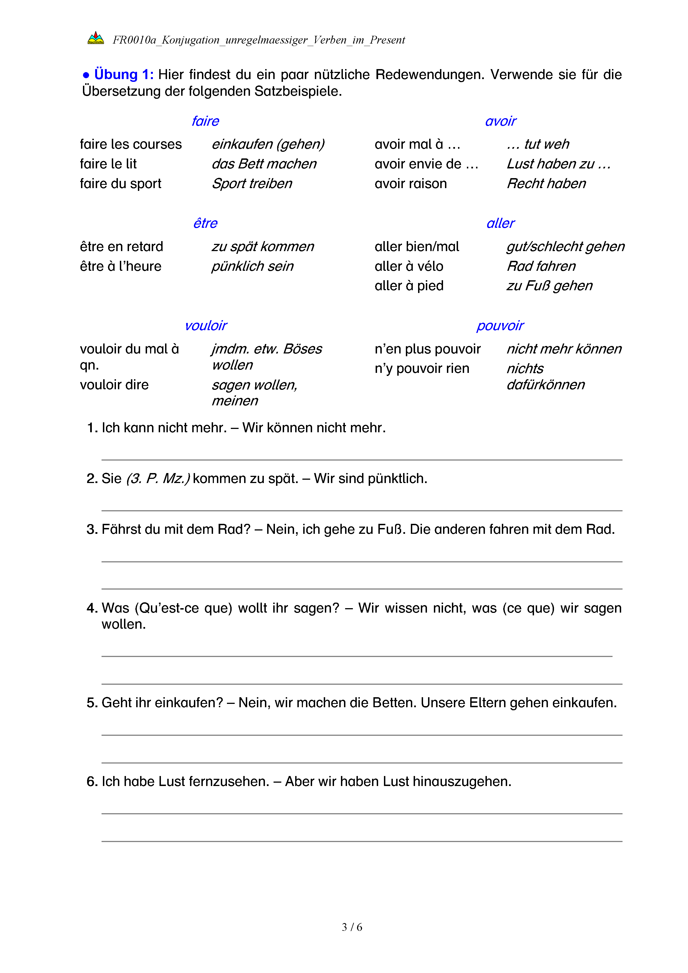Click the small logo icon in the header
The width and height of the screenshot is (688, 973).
pyautogui.click(x=95, y=39)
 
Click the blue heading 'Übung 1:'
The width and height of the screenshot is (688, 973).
pyautogui.click(x=123, y=75)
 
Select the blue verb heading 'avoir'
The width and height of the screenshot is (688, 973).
pyautogui.click(x=500, y=121)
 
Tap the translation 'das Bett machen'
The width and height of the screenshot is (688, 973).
pyautogui.click(x=264, y=164)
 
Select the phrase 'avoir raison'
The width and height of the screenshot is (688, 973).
pyautogui.click(x=411, y=183)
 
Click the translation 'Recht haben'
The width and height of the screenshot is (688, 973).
pyautogui.click(x=546, y=183)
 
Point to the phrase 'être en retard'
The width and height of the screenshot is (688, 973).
pyautogui.click(x=122, y=247)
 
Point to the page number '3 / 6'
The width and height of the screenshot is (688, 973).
pyautogui.click(x=352, y=927)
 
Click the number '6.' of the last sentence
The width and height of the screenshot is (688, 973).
pyautogui.click(x=92, y=782)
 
